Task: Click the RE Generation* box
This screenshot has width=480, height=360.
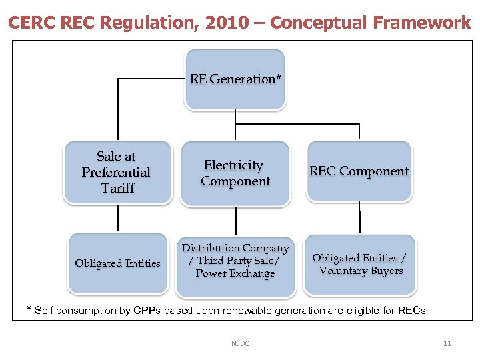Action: coord(235,79)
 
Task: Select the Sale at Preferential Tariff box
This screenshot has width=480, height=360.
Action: coord(116,172)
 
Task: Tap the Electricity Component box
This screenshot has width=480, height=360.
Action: coord(235,173)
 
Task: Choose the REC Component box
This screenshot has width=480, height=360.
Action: coord(359,171)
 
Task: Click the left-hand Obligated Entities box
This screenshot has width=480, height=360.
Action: coord(118,263)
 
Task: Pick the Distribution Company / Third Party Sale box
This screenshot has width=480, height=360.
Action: coord(235,261)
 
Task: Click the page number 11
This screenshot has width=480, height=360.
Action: coord(447,343)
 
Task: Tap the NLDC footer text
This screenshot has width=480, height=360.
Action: coord(240,343)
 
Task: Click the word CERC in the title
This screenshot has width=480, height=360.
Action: coord(32,23)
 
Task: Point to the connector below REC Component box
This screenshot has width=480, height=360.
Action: coord(360,219)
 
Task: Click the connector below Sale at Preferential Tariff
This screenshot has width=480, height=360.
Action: coord(118,218)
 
